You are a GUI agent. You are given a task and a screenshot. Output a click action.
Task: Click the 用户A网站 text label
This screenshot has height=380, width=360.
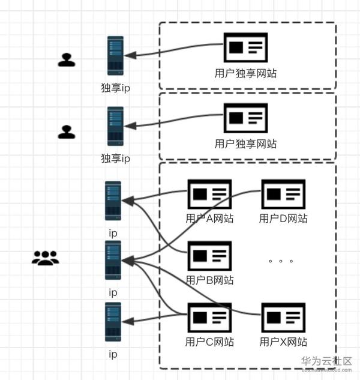[x=209, y=219]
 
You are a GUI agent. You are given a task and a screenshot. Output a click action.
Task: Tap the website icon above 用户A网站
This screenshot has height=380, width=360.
[x=209, y=194]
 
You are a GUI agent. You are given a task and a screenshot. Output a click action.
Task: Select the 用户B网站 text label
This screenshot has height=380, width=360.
[x=209, y=280]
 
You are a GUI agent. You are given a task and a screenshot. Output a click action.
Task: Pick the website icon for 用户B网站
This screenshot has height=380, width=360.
[x=209, y=256]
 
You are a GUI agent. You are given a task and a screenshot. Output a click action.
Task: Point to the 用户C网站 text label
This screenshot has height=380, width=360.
[x=209, y=342]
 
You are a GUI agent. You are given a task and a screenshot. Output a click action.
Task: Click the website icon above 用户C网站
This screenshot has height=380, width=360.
[x=209, y=318]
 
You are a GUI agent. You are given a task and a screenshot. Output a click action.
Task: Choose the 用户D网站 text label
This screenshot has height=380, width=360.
[x=283, y=219]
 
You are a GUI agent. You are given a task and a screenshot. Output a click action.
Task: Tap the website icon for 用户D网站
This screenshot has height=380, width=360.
[x=283, y=194]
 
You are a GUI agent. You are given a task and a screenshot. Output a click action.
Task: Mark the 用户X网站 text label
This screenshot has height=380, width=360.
[x=283, y=342]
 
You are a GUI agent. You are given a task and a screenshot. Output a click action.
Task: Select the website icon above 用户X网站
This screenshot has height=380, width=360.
[x=283, y=318]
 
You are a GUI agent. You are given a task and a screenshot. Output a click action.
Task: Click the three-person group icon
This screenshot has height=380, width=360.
[x=46, y=258]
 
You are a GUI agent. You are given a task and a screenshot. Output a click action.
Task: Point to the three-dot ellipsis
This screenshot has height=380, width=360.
[x=281, y=261]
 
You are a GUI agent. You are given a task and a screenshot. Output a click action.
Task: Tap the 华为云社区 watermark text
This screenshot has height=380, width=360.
[x=326, y=361]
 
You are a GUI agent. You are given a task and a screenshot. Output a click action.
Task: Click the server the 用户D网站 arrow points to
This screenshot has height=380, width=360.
[x=113, y=260]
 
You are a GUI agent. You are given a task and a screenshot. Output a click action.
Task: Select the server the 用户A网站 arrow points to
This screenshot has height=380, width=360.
[x=113, y=201]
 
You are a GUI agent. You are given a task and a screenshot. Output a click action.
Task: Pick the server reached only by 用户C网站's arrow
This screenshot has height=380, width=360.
[x=113, y=322]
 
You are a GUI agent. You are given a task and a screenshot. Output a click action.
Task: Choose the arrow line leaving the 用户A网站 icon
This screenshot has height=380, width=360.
[x=154, y=195]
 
